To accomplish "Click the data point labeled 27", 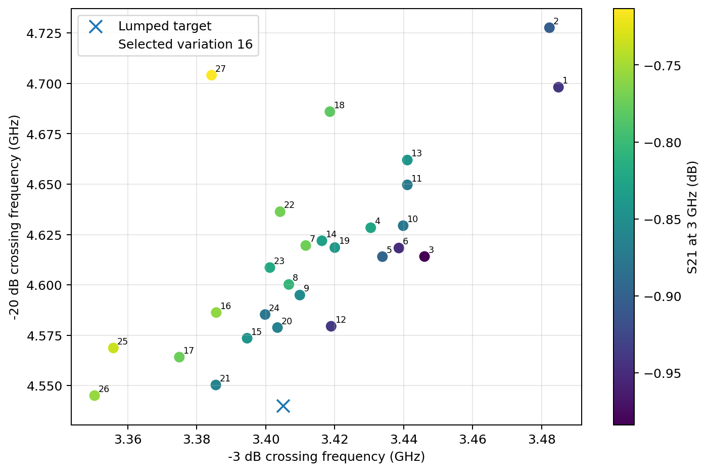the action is [211, 75].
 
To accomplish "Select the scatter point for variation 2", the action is [549, 28].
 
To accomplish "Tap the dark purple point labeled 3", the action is [424, 256].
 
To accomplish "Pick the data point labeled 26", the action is [95, 396].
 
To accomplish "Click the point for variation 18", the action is [329, 112].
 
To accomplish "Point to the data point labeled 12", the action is [331, 326].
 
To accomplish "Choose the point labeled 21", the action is [216, 385].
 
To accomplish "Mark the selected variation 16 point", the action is [216, 313].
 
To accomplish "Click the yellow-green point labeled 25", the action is [113, 348].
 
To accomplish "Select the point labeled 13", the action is [407, 160].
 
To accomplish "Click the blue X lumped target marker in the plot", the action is [283, 406].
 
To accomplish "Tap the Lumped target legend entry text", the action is [165, 26].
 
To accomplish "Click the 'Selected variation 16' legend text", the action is [185, 45].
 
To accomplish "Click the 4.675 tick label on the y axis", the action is [44, 134].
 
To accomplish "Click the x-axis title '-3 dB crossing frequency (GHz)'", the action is [326, 457].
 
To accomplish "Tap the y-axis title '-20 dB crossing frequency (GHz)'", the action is [14, 218].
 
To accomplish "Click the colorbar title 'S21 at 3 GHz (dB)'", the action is [692, 218].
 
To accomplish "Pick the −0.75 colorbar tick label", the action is [663, 66].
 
